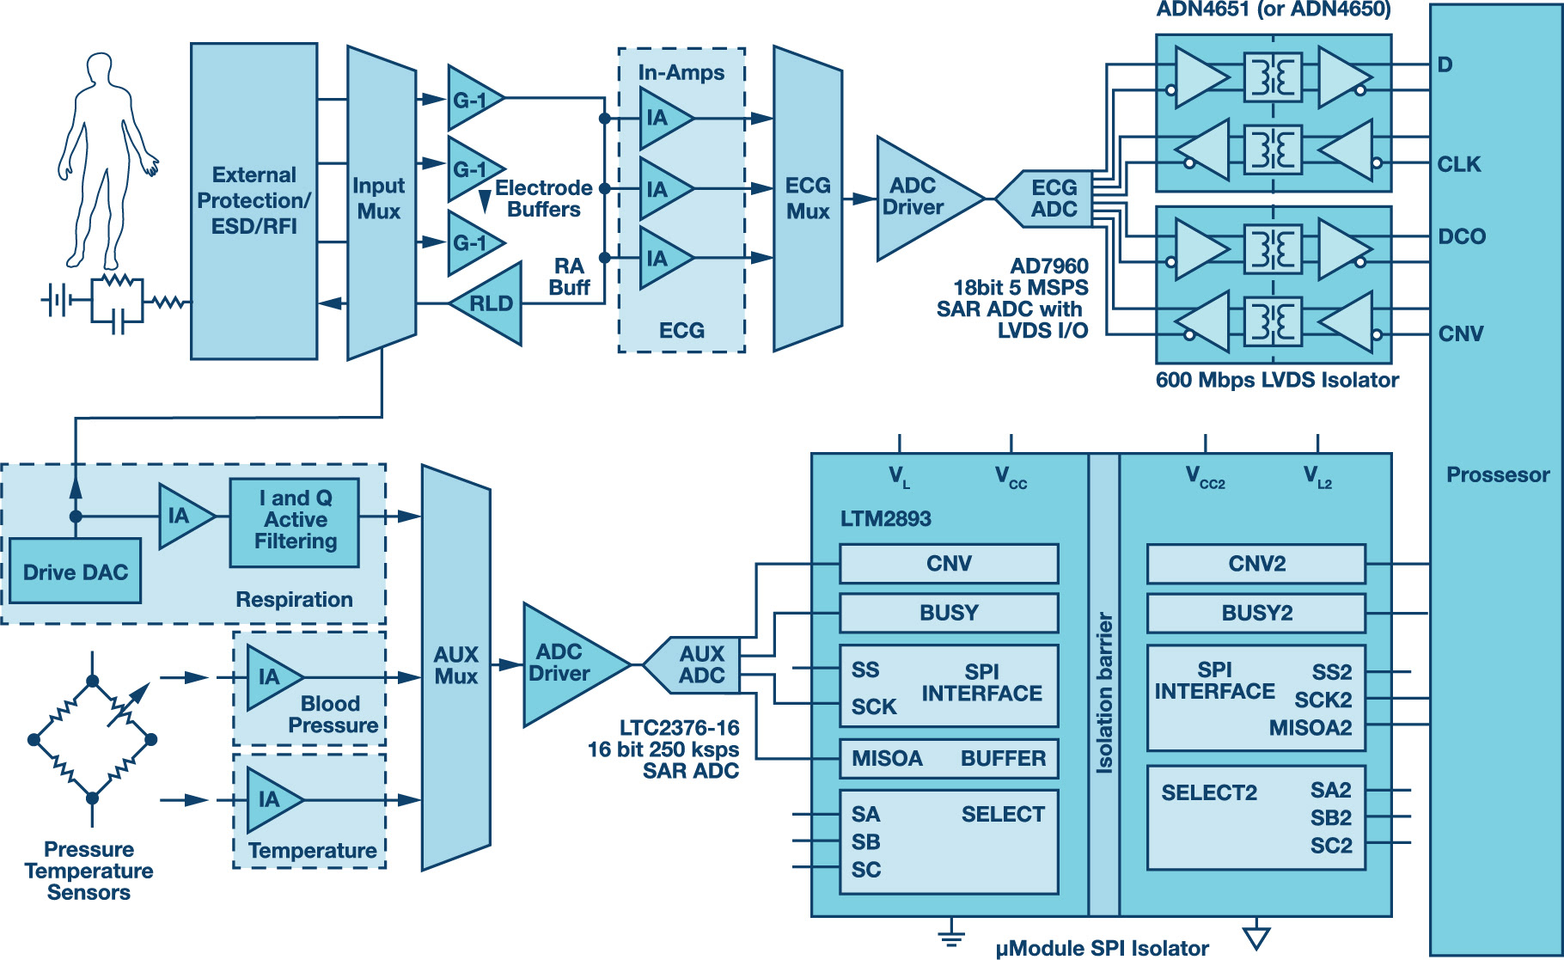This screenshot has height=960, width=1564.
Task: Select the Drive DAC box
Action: pos(75,572)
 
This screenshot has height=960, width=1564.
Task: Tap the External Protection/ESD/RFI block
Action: pos(254,200)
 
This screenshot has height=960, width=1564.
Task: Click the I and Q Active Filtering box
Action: pos(295,520)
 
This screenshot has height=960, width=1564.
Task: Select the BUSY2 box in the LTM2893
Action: pos(1255,613)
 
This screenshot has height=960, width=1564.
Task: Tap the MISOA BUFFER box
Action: pos(949,758)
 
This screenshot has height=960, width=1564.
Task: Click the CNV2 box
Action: pos(1255,564)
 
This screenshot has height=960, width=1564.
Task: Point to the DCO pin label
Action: pos(1461,236)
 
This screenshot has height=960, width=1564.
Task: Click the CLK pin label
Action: pos(1458,164)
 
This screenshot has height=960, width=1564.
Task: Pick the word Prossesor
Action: pos(1497,474)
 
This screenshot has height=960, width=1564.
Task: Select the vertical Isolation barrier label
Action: pos(1104,692)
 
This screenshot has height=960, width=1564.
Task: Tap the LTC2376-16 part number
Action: pos(679,728)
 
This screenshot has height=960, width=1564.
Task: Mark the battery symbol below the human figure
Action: pos(57,300)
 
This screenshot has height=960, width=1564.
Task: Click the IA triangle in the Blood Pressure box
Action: pos(272,677)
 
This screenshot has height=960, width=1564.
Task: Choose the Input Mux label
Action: pos(378,199)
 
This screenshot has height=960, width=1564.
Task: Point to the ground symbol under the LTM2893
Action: pos(950,934)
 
